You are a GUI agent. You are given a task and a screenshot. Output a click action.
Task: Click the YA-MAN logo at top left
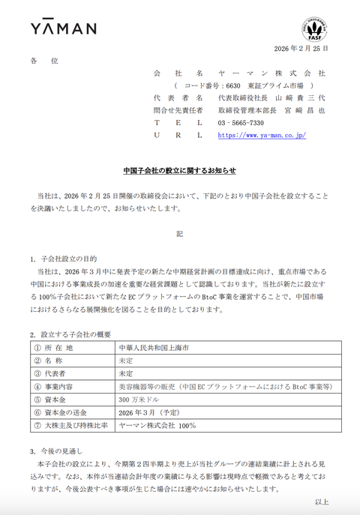coord(63,28)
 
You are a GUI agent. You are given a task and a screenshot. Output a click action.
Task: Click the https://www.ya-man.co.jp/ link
coord(261,135)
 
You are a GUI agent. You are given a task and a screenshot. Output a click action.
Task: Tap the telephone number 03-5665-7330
coord(240,122)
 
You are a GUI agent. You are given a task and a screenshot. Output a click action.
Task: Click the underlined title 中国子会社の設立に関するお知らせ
coord(179,170)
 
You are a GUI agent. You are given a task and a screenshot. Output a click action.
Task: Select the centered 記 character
coord(179,234)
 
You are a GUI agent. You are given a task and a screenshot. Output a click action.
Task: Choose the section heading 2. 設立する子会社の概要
coord(70,334)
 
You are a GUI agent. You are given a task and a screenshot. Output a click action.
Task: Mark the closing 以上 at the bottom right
coord(321,502)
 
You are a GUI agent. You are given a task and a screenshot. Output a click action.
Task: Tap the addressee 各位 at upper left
coord(43,61)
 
